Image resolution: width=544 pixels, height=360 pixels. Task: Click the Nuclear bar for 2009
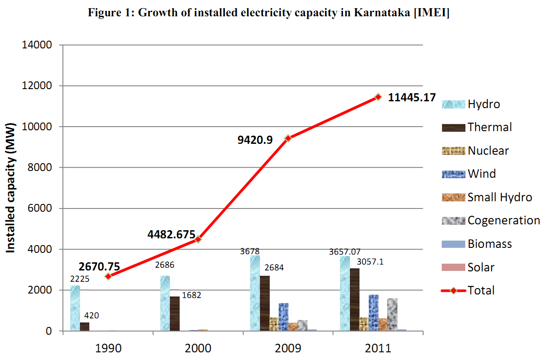[274, 324]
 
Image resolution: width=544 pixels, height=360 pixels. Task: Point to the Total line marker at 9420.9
[288, 138]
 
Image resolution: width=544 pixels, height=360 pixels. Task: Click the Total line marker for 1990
[108, 276]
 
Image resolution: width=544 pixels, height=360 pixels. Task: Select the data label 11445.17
[412, 97]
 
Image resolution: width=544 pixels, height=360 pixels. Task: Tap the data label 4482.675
[171, 234]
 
